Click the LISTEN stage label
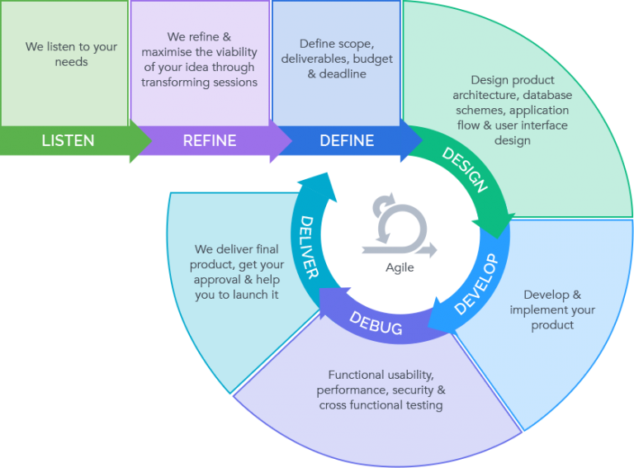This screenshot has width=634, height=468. click(x=68, y=140)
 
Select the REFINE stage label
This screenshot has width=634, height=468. click(x=210, y=140)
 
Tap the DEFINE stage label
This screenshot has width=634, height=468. click(x=346, y=140)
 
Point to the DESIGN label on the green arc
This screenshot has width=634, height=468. click(x=465, y=170)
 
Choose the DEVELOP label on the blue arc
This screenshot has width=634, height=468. click(x=477, y=285)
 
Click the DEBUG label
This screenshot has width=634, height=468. click(x=376, y=322)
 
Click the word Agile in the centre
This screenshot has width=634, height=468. click(x=400, y=267)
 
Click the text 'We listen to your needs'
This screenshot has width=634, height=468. click(x=71, y=54)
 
